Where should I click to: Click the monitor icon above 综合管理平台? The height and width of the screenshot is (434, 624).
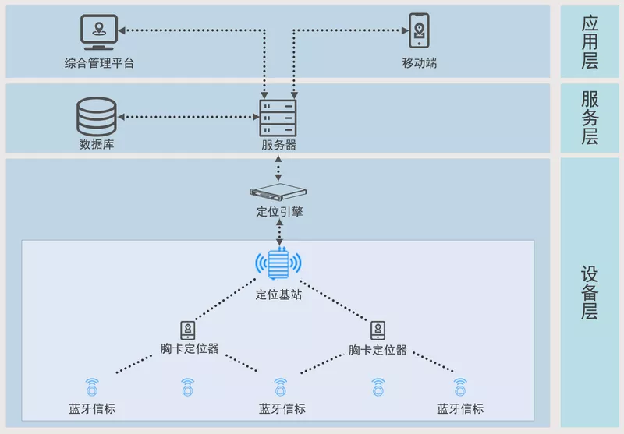[x=100, y=33]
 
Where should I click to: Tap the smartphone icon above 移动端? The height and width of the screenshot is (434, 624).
[x=420, y=31]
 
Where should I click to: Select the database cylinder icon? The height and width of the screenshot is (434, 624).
[x=97, y=117]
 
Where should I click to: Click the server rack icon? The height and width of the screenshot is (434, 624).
[x=278, y=117]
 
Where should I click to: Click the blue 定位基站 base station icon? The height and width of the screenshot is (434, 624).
[x=278, y=265]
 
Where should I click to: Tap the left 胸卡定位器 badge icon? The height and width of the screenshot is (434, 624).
[x=188, y=329]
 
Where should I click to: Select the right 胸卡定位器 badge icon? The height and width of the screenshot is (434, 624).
[x=378, y=329]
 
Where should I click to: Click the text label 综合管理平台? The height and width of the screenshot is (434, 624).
[x=100, y=63]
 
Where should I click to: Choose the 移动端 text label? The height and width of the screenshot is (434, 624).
[x=420, y=63]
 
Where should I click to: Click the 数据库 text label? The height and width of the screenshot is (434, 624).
[x=97, y=144]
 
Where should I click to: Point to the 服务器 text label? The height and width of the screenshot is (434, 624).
[x=278, y=145]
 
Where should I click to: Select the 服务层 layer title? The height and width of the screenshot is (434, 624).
[x=590, y=118]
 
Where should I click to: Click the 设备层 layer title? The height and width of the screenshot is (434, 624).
[x=590, y=292]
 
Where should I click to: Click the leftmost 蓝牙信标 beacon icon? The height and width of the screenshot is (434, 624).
[x=92, y=386]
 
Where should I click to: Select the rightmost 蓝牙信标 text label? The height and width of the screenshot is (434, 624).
[x=460, y=409]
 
